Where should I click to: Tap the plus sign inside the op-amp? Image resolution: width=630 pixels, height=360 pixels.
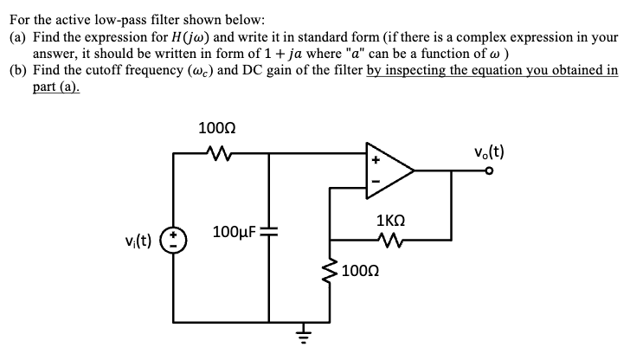pyautogui.click(x=376, y=161)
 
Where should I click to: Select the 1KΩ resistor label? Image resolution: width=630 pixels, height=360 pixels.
pyautogui.click(x=394, y=220)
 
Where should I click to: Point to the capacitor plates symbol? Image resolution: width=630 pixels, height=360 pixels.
pyautogui.click(x=270, y=234)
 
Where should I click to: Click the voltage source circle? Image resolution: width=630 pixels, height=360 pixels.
pyautogui.click(x=176, y=238)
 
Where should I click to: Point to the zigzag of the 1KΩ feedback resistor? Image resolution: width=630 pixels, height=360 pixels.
pyautogui.click(x=395, y=240)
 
